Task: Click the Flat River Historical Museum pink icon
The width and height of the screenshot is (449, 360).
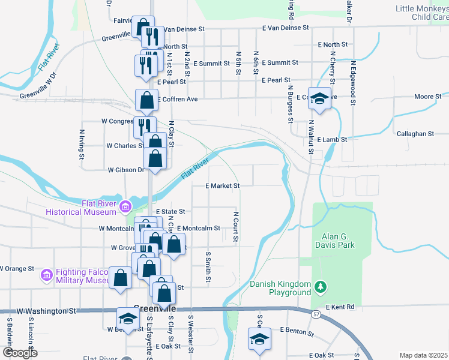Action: [125, 208]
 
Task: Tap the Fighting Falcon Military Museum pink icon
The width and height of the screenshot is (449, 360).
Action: [46, 275]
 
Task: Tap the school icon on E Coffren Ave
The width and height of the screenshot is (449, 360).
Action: [319, 99]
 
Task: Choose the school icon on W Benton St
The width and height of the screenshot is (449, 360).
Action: [127, 320]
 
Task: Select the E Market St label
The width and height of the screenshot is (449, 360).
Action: [222, 186]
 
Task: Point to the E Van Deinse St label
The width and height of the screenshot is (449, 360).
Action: [285, 28]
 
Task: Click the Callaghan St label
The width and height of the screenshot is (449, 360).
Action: [415, 134]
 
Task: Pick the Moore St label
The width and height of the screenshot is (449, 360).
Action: [427, 97]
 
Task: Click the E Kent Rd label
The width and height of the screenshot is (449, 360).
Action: [340, 307]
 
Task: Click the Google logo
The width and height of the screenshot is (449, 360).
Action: [20, 353]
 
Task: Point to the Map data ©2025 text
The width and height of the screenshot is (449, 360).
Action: [423, 355]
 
